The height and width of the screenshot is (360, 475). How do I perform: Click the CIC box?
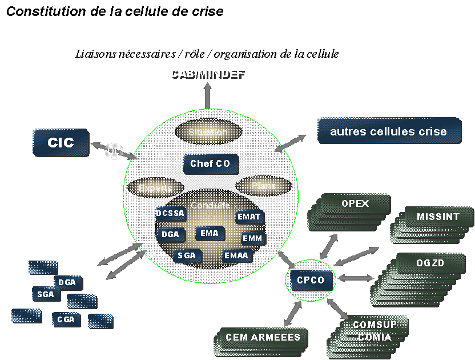click(x=61, y=142)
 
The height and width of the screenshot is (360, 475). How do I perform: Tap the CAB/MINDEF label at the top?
click(x=208, y=75)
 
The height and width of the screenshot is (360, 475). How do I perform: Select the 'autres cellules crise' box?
click(x=388, y=131)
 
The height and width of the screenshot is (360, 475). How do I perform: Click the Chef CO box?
click(x=210, y=165)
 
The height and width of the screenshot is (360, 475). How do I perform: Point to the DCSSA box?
click(x=171, y=214)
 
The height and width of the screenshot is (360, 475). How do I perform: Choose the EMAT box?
click(x=249, y=217)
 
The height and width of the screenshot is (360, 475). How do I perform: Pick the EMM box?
click(x=252, y=238)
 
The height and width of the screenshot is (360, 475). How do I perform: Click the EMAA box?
click(x=236, y=255)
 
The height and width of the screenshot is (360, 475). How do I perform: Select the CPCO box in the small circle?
click(x=310, y=280)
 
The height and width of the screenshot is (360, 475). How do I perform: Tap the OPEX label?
click(x=355, y=204)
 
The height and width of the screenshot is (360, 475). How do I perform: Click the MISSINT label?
click(x=437, y=217)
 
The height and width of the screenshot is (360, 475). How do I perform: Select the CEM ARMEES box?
click(x=263, y=337)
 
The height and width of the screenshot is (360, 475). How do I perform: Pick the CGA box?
click(x=66, y=319)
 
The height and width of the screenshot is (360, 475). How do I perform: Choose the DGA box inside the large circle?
click(x=170, y=234)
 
